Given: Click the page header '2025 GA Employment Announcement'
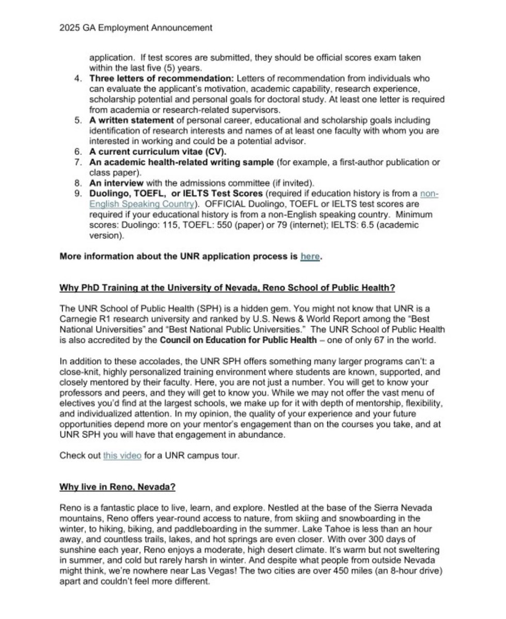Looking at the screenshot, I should coord(135,28).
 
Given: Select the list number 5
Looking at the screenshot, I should coord(77,120).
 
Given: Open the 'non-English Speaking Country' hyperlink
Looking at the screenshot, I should coord(143,203).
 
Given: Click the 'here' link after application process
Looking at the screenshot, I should coord(310,256).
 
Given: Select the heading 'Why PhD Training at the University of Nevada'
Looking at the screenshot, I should coord(227,287).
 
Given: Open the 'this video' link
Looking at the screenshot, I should coord(122,456).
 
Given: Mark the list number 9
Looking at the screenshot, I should coord(77,193).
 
